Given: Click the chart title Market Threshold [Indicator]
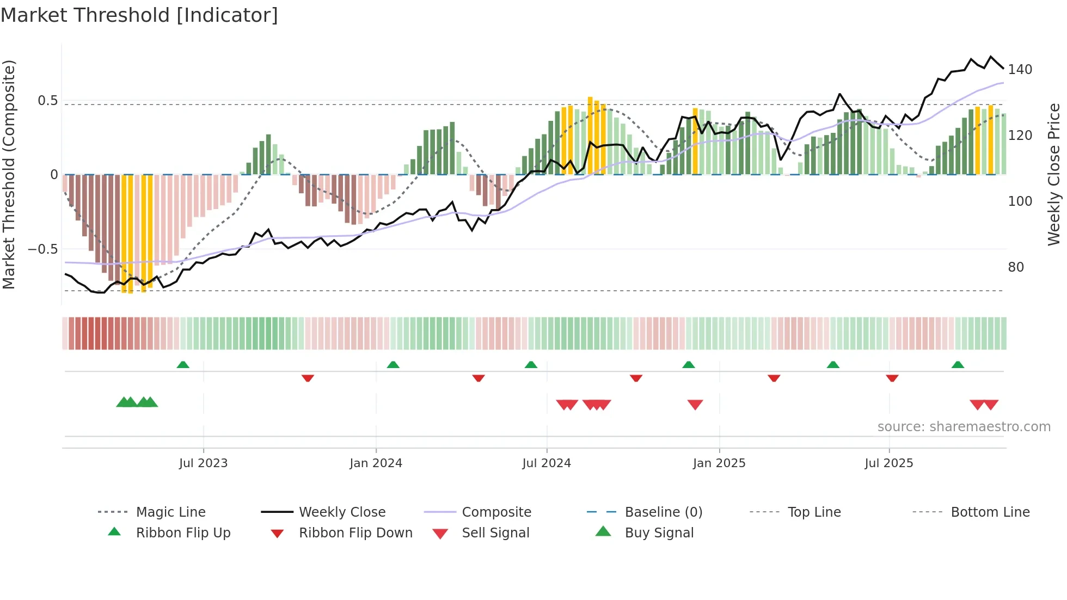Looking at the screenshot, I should click(139, 15).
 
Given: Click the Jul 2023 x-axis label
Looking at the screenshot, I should click(203, 463).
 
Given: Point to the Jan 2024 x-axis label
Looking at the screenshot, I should click(376, 463).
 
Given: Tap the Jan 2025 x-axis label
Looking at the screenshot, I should click(719, 463).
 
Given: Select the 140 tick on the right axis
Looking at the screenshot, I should click(1020, 70).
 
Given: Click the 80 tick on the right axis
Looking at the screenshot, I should click(1016, 267).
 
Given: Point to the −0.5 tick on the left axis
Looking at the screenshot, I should click(42, 249).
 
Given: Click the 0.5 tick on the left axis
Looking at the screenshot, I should click(47, 101).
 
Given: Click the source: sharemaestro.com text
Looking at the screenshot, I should click(964, 427).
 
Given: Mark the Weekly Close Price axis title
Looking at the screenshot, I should click(1054, 174).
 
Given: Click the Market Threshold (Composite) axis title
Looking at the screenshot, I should click(9, 174).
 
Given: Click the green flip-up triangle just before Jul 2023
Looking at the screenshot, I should click(183, 365).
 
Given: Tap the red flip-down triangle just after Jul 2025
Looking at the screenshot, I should click(892, 378).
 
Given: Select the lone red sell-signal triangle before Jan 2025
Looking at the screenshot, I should click(695, 405).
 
